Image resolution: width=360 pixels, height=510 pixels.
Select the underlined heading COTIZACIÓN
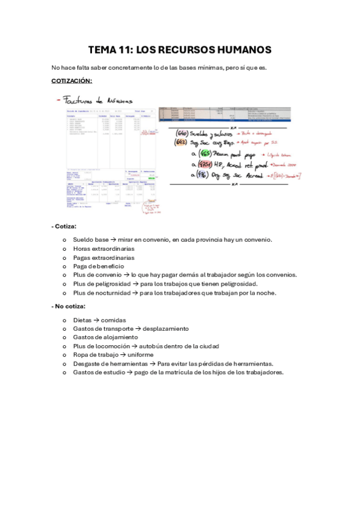(x=72, y=80)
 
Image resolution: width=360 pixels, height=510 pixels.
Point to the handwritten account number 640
(x=179, y=132)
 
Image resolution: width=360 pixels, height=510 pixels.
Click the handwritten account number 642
(x=179, y=143)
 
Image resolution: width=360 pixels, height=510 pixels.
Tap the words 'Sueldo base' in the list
(x=91, y=239)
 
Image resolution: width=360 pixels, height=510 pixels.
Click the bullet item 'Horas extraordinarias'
(x=103, y=248)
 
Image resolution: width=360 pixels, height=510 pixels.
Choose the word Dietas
(x=84, y=321)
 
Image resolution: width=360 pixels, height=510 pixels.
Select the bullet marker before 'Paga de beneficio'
(x=64, y=266)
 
